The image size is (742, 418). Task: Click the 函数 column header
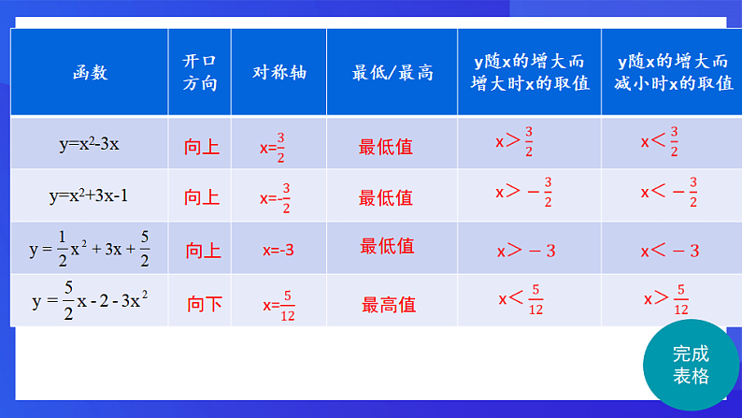tap(90, 72)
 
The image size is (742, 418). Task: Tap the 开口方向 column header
tap(200, 72)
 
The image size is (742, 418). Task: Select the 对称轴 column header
tap(278, 72)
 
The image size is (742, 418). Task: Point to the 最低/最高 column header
tap(392, 72)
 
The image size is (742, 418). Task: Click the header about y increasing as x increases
tap(530, 72)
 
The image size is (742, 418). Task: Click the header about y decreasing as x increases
tap(673, 72)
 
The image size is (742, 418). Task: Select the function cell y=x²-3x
tap(90, 144)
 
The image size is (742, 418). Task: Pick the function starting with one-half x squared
tap(90, 250)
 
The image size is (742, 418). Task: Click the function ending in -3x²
tap(91, 302)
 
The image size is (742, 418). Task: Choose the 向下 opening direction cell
tap(205, 303)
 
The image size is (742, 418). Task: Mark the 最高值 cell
tap(389, 304)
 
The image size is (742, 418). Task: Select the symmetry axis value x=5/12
tap(278, 303)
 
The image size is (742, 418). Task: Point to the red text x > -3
tap(526, 251)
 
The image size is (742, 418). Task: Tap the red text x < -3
tap(670, 251)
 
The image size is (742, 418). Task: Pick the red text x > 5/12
tap(666, 299)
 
